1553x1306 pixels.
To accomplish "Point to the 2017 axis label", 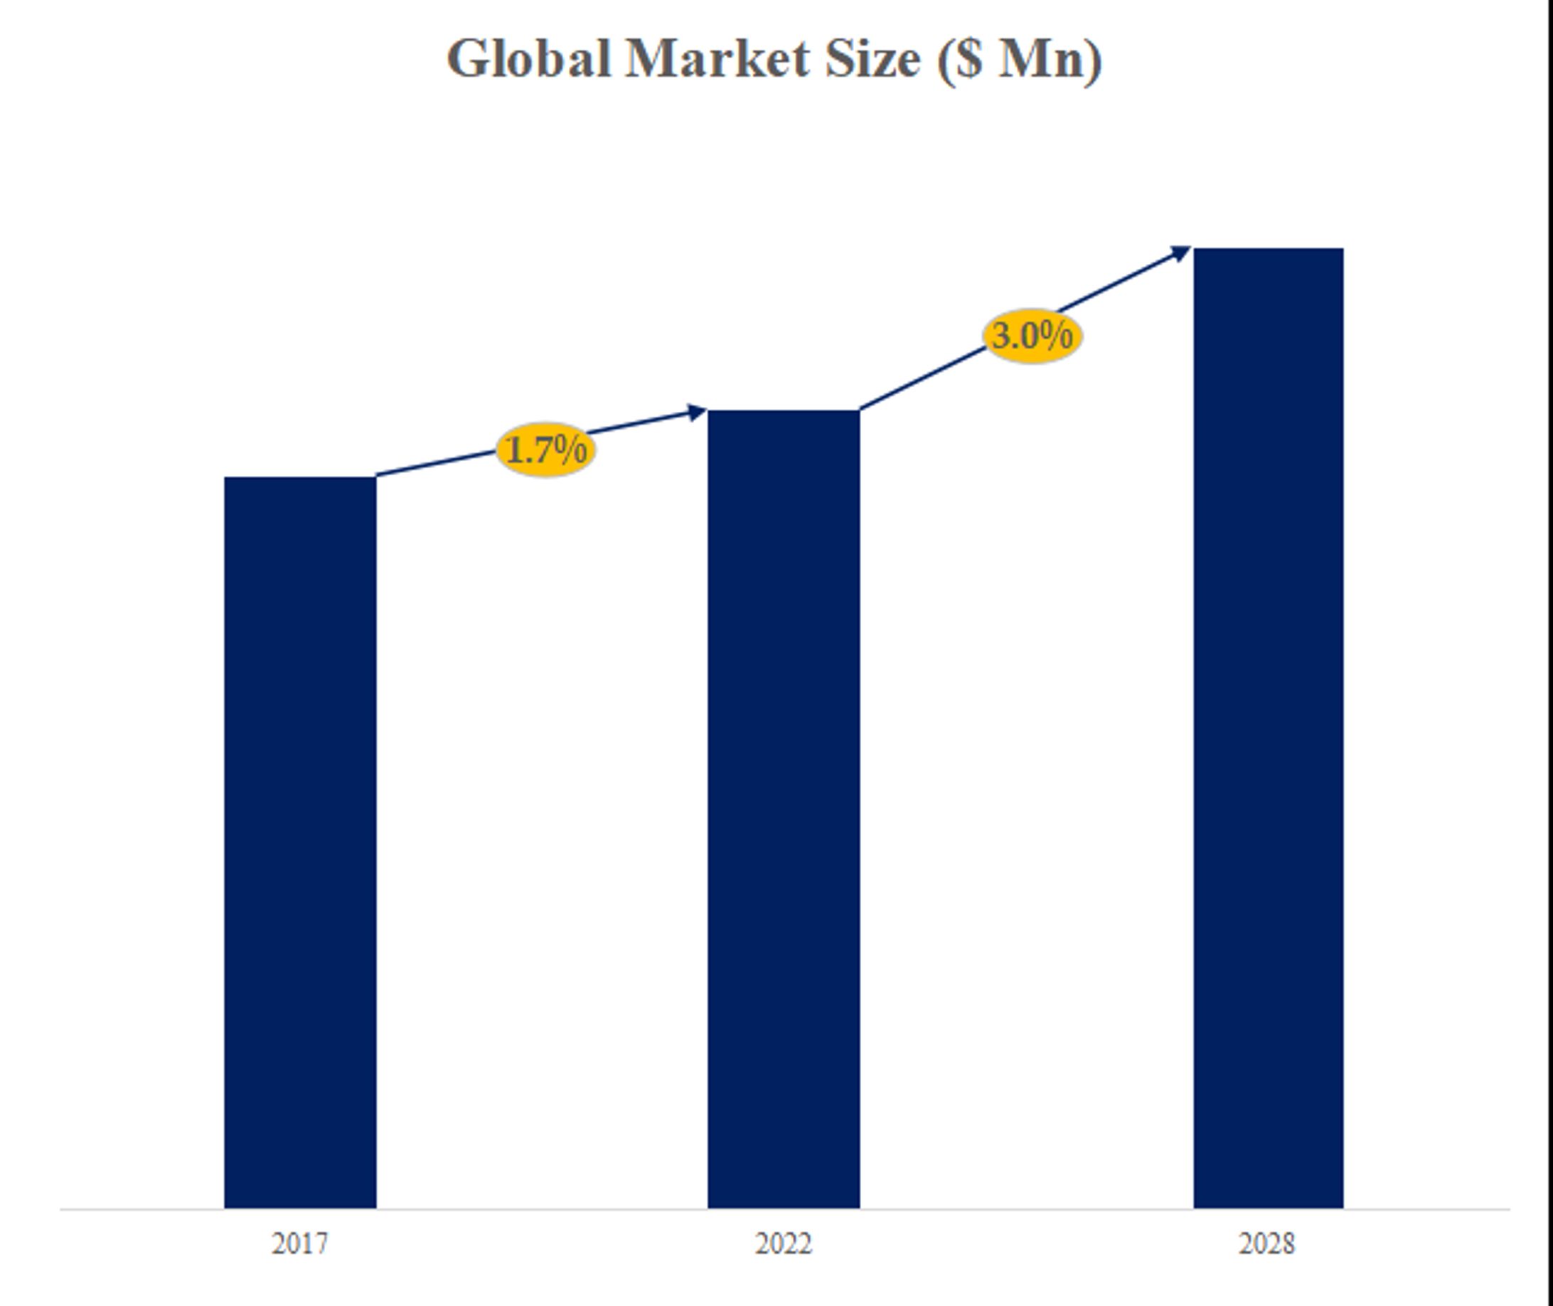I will click(x=300, y=1243).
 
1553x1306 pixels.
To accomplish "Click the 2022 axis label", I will click(x=783, y=1243).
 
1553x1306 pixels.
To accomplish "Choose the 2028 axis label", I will click(x=1267, y=1243).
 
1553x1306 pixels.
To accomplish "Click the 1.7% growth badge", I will click(x=545, y=450).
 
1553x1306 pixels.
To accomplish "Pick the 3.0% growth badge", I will click(x=1032, y=336).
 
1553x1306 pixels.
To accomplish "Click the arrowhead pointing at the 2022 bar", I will click(x=697, y=412).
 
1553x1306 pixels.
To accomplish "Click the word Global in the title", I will click(x=528, y=59).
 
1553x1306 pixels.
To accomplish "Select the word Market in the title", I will click(x=717, y=59).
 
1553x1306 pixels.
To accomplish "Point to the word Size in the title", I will click(x=872, y=59).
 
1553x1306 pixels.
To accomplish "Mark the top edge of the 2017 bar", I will click(x=300, y=478).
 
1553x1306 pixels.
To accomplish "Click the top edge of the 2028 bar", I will click(x=1268, y=250).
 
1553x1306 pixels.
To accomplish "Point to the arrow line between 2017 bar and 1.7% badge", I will click(x=437, y=463).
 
